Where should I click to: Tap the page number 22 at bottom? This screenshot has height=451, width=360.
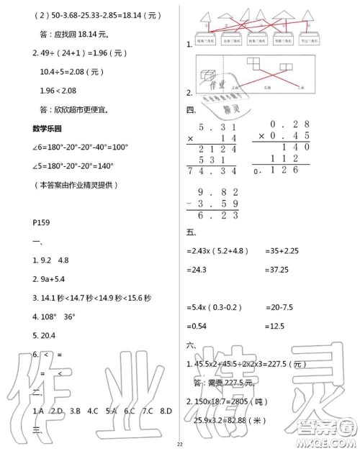tap(180, 445)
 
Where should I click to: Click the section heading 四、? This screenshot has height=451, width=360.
tap(192, 110)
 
